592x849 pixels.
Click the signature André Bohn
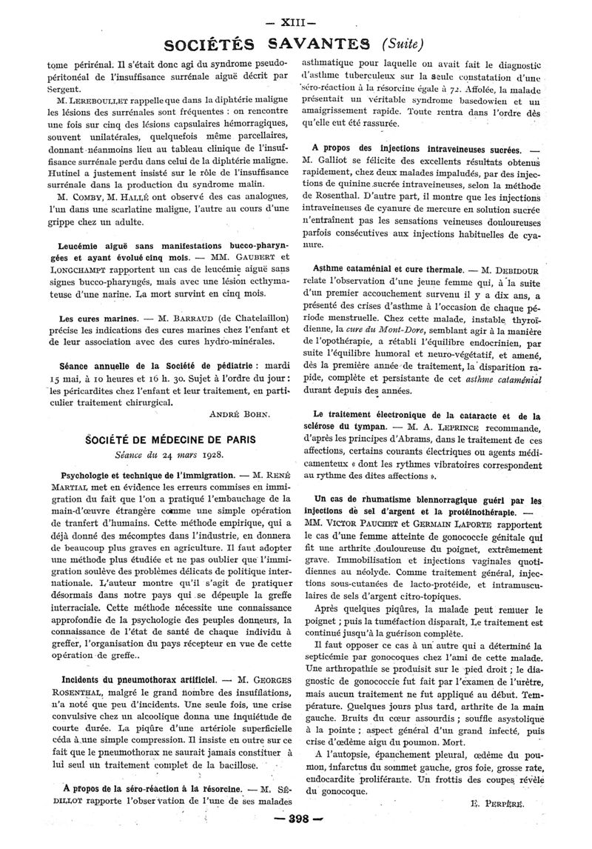[244, 414]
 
